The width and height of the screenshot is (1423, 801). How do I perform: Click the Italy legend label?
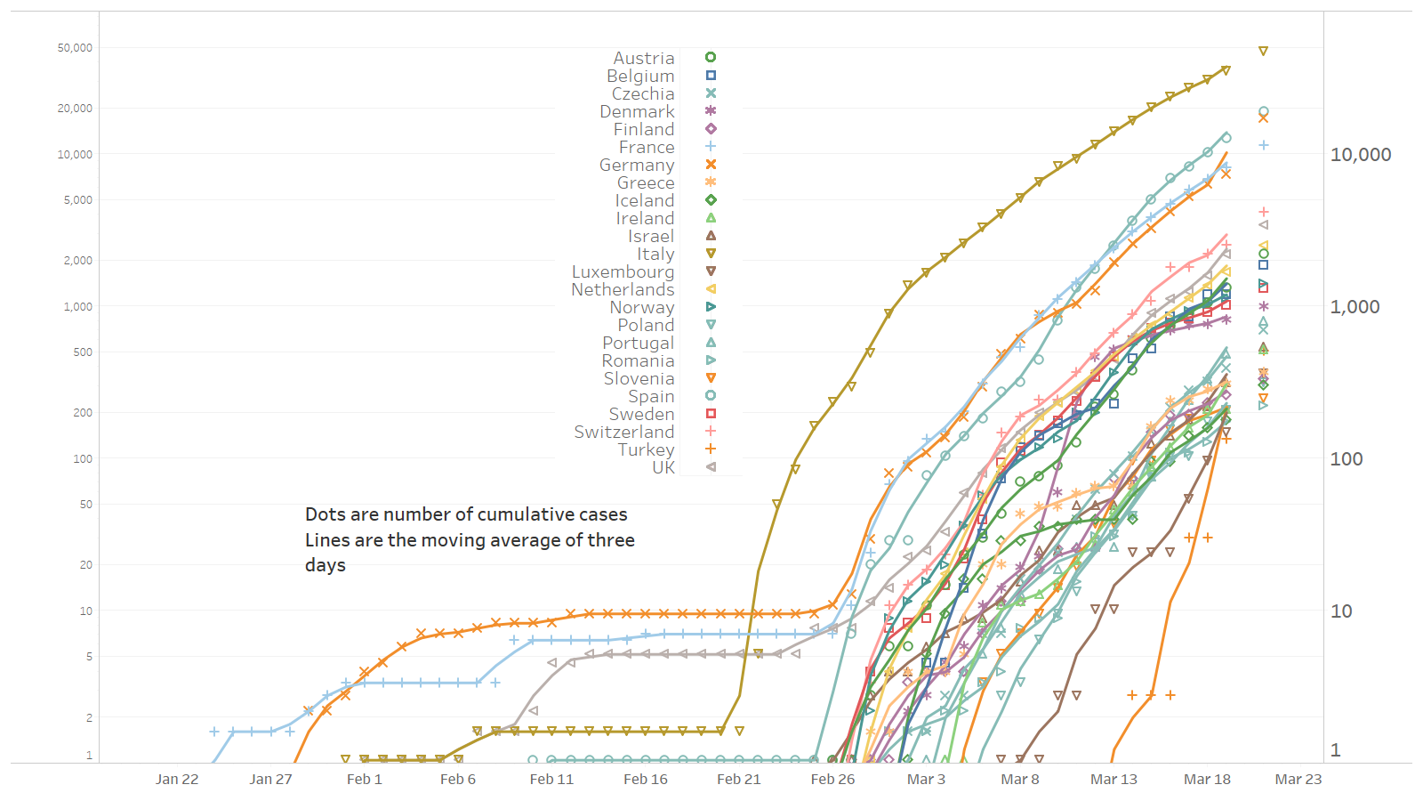click(x=655, y=255)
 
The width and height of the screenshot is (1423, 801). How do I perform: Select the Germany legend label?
click(x=637, y=166)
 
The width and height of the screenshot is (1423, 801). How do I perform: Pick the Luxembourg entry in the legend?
click(x=623, y=272)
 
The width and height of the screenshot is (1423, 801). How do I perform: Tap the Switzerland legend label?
click(x=623, y=433)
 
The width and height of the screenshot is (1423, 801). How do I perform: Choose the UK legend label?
click(x=663, y=468)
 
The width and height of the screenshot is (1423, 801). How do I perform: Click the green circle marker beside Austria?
click(x=711, y=57)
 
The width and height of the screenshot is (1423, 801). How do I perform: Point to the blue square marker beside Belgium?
click(x=711, y=76)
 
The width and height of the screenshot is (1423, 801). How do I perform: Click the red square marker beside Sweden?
click(x=711, y=414)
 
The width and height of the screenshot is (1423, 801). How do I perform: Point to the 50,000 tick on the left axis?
click(x=75, y=48)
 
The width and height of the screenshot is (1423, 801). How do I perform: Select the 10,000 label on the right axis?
click(x=1361, y=155)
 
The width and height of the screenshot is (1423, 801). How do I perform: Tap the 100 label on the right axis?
click(x=1346, y=459)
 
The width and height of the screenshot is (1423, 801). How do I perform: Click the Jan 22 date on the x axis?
click(x=177, y=780)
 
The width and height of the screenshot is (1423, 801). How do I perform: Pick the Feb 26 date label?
click(x=832, y=780)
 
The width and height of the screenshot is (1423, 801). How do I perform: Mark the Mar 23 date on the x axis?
click(x=1298, y=780)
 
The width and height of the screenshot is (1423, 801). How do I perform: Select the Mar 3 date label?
click(x=926, y=780)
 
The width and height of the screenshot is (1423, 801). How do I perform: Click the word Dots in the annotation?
click(x=324, y=514)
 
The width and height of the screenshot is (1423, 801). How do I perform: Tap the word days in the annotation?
click(x=325, y=566)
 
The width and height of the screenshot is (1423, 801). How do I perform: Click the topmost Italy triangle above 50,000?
click(x=1263, y=51)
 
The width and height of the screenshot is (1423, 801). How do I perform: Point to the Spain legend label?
click(x=651, y=397)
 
